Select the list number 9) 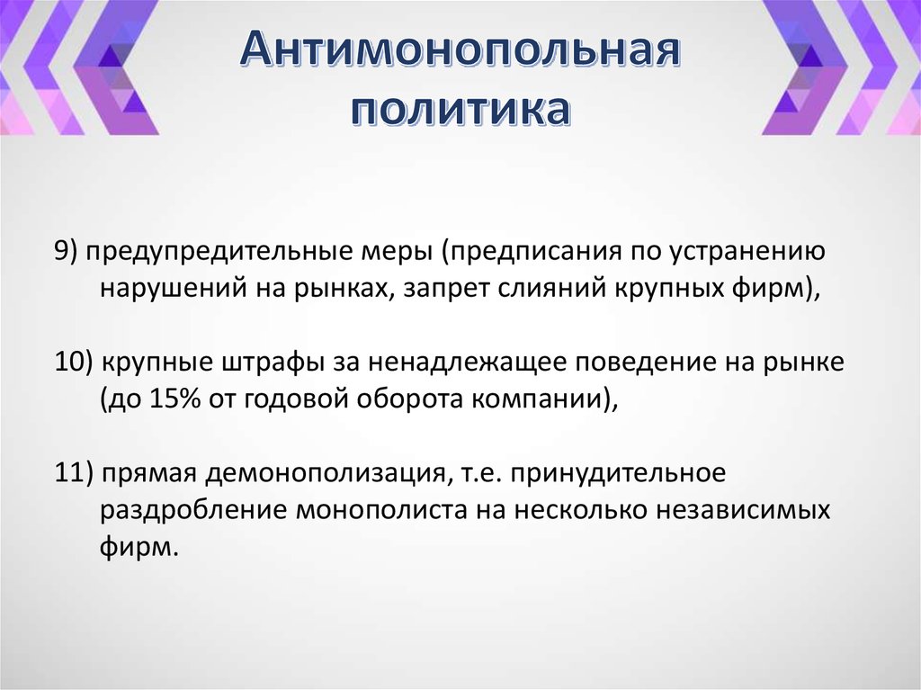pos(67,253)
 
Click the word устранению pos(745,253)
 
